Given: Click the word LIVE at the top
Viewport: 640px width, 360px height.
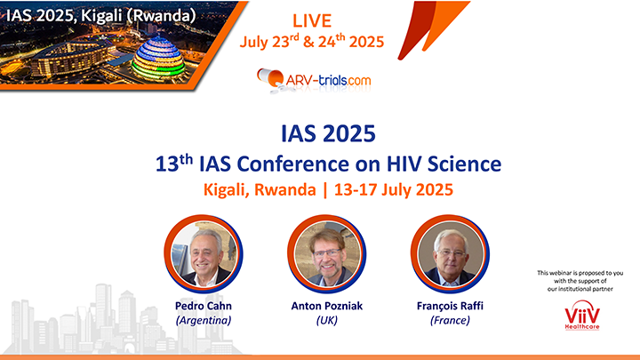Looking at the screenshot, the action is coord(312,20).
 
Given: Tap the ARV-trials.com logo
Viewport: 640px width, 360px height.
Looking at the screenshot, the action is coord(314,80).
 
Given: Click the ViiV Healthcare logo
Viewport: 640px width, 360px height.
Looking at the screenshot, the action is coord(582,315).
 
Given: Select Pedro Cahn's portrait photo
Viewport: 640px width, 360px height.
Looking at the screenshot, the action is coord(204,254).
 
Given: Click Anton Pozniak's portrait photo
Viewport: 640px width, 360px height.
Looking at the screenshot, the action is coord(326,254).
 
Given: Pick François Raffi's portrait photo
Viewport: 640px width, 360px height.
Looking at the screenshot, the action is coord(450,254).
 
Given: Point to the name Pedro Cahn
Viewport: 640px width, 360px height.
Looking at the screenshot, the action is coord(204,306).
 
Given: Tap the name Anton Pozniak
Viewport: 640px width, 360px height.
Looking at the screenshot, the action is coord(326,306).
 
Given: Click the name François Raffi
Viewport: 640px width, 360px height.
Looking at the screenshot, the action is coord(450,306).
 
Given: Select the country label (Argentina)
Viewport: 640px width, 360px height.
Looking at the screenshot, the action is coord(204,320).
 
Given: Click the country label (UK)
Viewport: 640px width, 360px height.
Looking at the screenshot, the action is coord(326,320).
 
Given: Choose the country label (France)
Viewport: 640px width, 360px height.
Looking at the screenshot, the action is coord(450,320).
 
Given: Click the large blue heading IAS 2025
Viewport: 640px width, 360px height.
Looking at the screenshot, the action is coord(328,133).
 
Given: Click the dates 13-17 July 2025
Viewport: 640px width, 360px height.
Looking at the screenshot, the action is coord(394,190).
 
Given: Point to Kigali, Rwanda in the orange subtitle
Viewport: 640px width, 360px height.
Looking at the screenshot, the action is coord(260,190).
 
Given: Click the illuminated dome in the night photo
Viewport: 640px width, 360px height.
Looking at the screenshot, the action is coord(159,59).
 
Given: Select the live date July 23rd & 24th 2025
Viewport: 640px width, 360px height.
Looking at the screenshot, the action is coord(312,41).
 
